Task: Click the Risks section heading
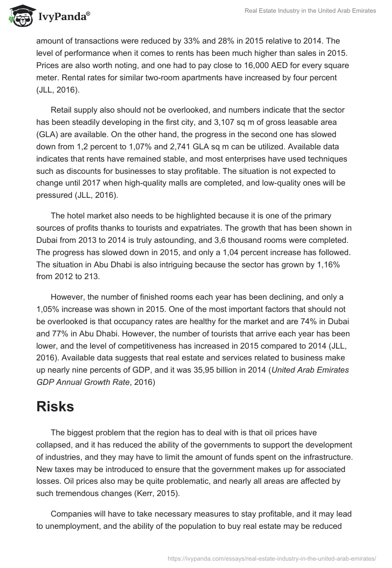pyautogui.click(x=55, y=406)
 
